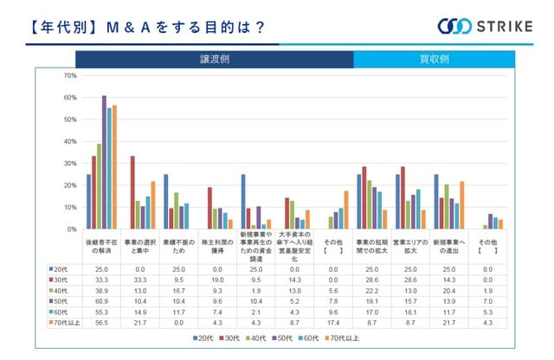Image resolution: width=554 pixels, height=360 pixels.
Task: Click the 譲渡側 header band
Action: click(x=214, y=59)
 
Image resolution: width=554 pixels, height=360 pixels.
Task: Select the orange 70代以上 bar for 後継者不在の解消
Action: click(x=114, y=167)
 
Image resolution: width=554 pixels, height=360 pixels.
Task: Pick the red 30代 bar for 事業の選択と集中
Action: click(x=132, y=193)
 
